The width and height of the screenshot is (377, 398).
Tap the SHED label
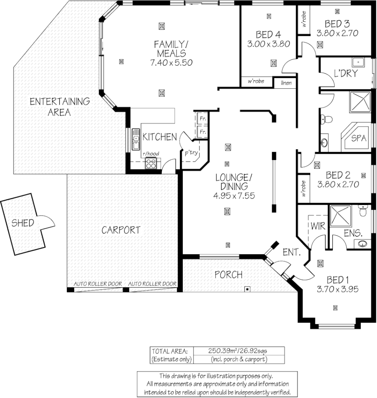click(22, 222)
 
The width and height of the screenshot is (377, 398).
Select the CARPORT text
click(121, 230)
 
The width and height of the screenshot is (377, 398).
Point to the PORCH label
click(229, 275)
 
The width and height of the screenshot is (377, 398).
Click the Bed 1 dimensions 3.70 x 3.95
click(338, 289)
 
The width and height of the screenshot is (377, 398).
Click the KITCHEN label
click(160, 137)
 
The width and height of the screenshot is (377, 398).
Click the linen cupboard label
click(286, 83)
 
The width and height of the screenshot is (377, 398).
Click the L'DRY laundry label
click(346, 73)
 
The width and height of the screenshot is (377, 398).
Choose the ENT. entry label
click(291, 252)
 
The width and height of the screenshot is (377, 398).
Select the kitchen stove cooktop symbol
click(151, 163)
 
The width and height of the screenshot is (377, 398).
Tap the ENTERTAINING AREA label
click(60, 107)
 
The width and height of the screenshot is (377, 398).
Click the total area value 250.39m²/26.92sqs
click(238, 351)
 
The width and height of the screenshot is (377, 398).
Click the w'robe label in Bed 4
click(256, 82)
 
